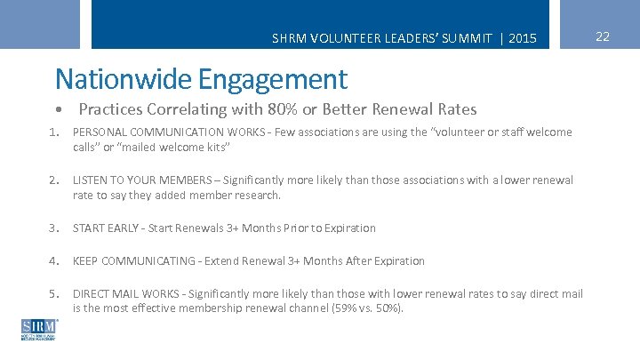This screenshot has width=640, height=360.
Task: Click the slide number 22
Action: point(603,36)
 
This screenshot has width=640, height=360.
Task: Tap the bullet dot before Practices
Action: point(58,110)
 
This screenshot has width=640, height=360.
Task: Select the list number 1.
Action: point(53,132)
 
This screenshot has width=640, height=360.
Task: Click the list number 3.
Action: point(53,228)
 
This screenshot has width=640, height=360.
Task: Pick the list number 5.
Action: point(53,293)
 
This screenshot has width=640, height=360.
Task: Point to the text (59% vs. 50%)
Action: point(366,308)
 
